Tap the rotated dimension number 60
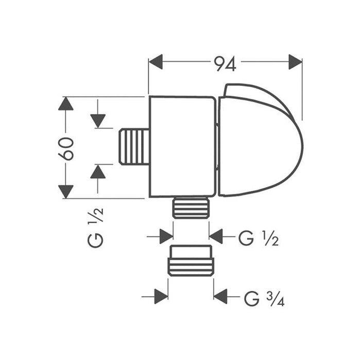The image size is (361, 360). point(66,148)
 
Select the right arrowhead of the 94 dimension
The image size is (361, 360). point(295,62)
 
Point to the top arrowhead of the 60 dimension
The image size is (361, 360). point(66,103)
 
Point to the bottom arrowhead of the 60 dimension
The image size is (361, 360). point(66,191)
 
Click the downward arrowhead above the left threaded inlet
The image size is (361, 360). point(98,121)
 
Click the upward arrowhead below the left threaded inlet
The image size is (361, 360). point(98,171)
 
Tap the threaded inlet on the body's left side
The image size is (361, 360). point(134,147)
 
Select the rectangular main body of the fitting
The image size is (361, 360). point(182,147)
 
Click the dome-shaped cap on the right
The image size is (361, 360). point(257,141)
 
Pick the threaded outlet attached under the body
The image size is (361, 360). point(191,208)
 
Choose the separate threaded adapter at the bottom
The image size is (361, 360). point(191,261)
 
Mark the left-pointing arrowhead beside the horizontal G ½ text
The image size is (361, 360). point(216,237)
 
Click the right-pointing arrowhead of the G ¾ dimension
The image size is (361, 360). point(161,296)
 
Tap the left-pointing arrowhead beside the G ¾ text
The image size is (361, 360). point(221,296)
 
